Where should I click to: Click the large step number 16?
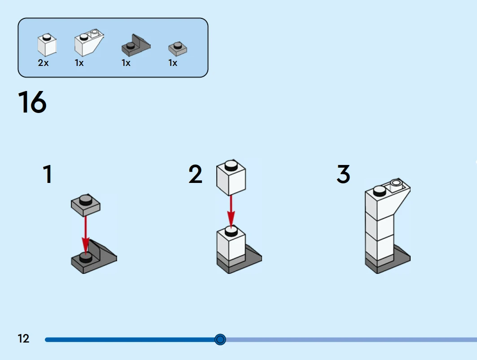32,102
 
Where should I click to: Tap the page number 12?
23,338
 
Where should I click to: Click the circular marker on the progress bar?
220,339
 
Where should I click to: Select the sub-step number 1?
47,174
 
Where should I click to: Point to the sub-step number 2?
195,174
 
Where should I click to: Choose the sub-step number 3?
343,174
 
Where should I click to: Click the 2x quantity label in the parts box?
43,63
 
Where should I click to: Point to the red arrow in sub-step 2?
231,211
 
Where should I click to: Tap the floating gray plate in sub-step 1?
85,204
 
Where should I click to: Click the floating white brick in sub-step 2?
231,178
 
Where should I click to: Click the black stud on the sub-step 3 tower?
379,191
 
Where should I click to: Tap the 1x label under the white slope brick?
79,63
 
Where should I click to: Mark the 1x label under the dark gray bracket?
126,63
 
